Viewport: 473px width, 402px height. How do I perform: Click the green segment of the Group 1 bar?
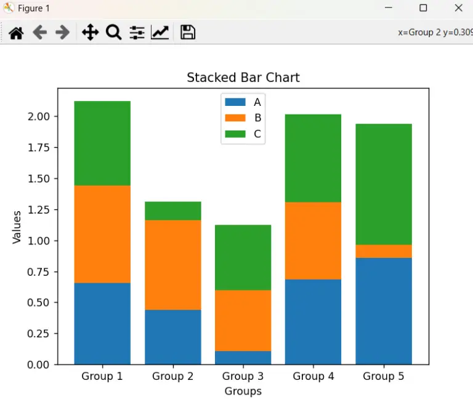102,143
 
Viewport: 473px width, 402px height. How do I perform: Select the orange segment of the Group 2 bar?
173,265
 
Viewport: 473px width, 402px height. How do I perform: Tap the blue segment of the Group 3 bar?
243,358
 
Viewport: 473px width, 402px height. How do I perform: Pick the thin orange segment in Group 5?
384,251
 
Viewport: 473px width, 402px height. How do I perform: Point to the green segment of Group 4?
313,158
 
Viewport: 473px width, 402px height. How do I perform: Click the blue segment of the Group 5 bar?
384,311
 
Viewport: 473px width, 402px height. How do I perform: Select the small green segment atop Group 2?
173,211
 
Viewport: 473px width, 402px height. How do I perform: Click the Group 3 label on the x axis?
243,376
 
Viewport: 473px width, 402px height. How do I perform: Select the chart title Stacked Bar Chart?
243,78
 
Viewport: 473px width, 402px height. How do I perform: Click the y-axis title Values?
17,227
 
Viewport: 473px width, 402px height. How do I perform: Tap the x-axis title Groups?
243,391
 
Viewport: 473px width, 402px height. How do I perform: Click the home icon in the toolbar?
16,33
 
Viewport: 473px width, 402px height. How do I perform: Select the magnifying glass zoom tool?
113,33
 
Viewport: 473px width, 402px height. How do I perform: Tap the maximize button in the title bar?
423,8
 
